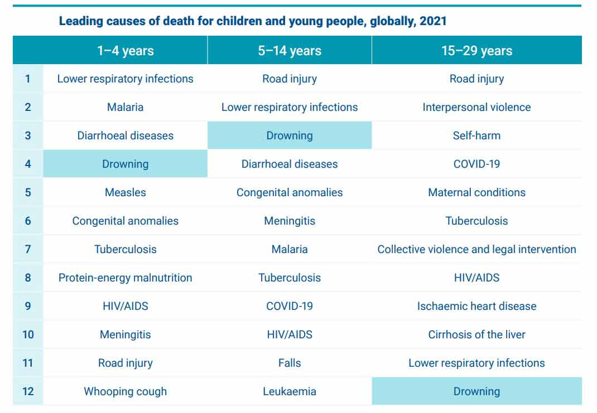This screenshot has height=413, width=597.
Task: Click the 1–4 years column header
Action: (x=125, y=51)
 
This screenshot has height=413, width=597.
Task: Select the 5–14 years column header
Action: (x=290, y=51)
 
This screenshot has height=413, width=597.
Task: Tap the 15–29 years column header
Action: (x=476, y=51)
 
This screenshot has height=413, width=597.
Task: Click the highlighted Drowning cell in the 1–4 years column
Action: (x=125, y=164)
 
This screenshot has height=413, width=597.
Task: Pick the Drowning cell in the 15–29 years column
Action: (x=476, y=391)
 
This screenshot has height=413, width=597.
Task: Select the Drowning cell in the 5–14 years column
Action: (x=290, y=135)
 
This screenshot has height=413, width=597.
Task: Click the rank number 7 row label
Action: (x=28, y=249)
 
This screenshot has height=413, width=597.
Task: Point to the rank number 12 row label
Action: (x=28, y=391)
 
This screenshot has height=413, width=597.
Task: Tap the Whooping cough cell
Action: (x=125, y=391)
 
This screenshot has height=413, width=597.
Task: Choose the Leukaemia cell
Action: (x=290, y=391)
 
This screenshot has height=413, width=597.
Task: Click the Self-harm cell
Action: (x=476, y=135)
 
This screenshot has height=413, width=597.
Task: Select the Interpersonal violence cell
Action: (x=476, y=107)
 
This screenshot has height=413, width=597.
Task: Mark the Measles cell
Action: (x=125, y=192)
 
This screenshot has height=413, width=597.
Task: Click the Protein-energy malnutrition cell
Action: (x=125, y=278)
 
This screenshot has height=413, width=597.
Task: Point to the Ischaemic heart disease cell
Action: (x=476, y=306)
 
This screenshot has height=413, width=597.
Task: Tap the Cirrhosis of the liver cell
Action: (x=476, y=334)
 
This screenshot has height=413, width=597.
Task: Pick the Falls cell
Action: (x=290, y=363)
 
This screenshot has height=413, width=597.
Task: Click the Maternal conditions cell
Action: (x=476, y=192)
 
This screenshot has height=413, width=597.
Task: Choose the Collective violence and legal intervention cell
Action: (x=476, y=249)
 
